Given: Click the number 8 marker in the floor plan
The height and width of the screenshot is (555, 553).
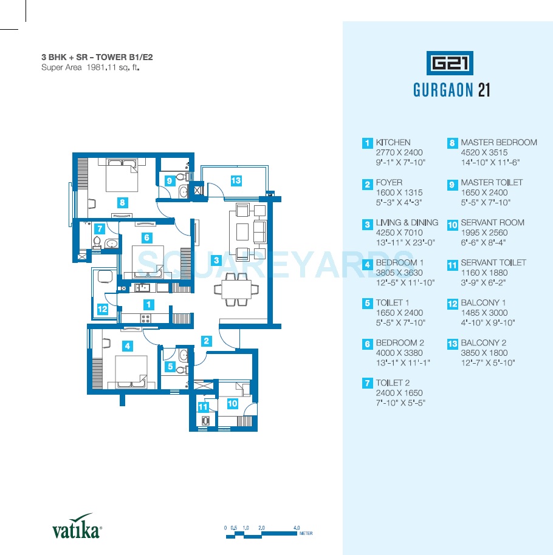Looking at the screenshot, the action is [x=122, y=202].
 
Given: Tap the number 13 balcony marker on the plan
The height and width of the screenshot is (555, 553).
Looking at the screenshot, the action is [x=236, y=181].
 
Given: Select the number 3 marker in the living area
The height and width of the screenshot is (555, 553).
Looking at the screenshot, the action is [x=216, y=260].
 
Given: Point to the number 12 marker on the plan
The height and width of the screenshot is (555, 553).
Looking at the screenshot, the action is [x=102, y=309].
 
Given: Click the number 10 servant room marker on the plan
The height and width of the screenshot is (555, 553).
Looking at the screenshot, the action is [x=232, y=403].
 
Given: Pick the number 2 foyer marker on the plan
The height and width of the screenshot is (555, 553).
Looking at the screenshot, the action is [x=206, y=341].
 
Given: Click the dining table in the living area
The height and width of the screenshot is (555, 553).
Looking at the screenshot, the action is [x=236, y=289].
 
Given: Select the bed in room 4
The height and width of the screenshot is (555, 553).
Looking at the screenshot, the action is [x=131, y=372].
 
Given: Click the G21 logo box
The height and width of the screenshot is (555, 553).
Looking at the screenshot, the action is [x=450, y=63].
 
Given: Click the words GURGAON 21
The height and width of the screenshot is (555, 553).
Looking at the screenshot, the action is [x=452, y=90].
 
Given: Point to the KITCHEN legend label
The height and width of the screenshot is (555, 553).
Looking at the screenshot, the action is [x=393, y=142].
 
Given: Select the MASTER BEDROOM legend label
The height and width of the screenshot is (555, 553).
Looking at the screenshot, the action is [x=499, y=142].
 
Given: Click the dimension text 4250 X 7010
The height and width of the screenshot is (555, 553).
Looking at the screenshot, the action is [x=399, y=233].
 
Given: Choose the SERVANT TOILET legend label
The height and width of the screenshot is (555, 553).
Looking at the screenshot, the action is [x=493, y=263].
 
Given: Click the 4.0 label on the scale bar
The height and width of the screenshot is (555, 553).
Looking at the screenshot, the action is [x=297, y=528].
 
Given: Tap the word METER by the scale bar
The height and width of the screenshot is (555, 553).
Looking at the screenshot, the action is [x=306, y=533].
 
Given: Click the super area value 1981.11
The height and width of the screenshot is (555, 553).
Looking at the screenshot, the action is [x=101, y=67].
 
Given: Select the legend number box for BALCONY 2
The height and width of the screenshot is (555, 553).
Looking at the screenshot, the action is [x=452, y=344].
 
